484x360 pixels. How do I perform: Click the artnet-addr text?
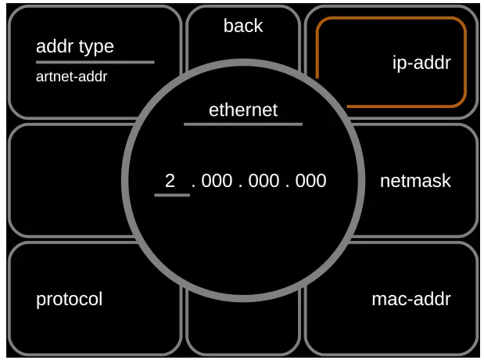[x=72, y=77]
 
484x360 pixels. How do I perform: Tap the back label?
[x=243, y=26]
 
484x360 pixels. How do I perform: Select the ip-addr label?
[x=421, y=63]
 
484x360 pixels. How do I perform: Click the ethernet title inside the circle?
[x=243, y=110]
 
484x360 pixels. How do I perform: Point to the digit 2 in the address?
[x=170, y=181]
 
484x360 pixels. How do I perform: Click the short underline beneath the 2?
[x=172, y=195]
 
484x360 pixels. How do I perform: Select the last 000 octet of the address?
[x=310, y=181]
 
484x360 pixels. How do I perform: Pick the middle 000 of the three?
[x=264, y=181]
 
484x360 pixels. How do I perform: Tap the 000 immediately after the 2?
[x=217, y=181]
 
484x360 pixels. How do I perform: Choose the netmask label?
[x=415, y=181]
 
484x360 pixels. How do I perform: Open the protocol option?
[x=70, y=299]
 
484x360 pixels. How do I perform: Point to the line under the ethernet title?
[x=243, y=124]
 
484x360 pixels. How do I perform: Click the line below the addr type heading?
[x=95, y=62]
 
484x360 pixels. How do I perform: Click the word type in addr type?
[x=95, y=47]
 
